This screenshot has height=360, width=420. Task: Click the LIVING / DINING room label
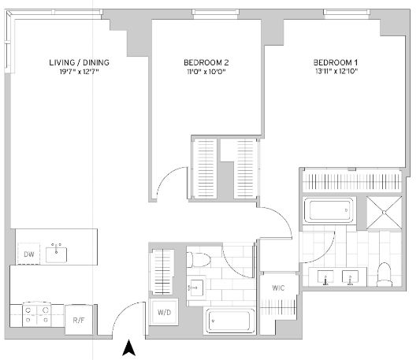pos(79,62)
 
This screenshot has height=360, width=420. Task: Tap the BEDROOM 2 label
pos(206,62)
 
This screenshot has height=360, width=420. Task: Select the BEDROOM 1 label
pos(336,62)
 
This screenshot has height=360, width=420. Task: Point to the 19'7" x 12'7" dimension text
pos(79,72)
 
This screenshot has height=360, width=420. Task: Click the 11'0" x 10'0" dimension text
pos(206,72)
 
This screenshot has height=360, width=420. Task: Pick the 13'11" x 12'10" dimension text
pos(336,71)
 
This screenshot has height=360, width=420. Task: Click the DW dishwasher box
pos(28,254)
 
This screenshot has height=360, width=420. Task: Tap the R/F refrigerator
pos(79,320)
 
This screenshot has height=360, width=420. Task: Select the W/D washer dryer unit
pos(164,312)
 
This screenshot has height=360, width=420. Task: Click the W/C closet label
pos(278,288)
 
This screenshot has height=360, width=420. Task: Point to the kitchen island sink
pos(56,254)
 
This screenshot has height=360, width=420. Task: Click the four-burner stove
pos(37,314)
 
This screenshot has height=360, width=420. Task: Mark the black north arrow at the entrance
pos(129,347)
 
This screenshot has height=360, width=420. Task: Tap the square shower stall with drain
pos(384,213)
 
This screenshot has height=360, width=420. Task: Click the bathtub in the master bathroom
pos(329,210)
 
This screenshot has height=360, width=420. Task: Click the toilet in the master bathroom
pos(384,274)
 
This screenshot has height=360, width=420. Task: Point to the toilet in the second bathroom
pos(199,259)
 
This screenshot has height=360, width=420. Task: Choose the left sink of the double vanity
pos(325,277)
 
